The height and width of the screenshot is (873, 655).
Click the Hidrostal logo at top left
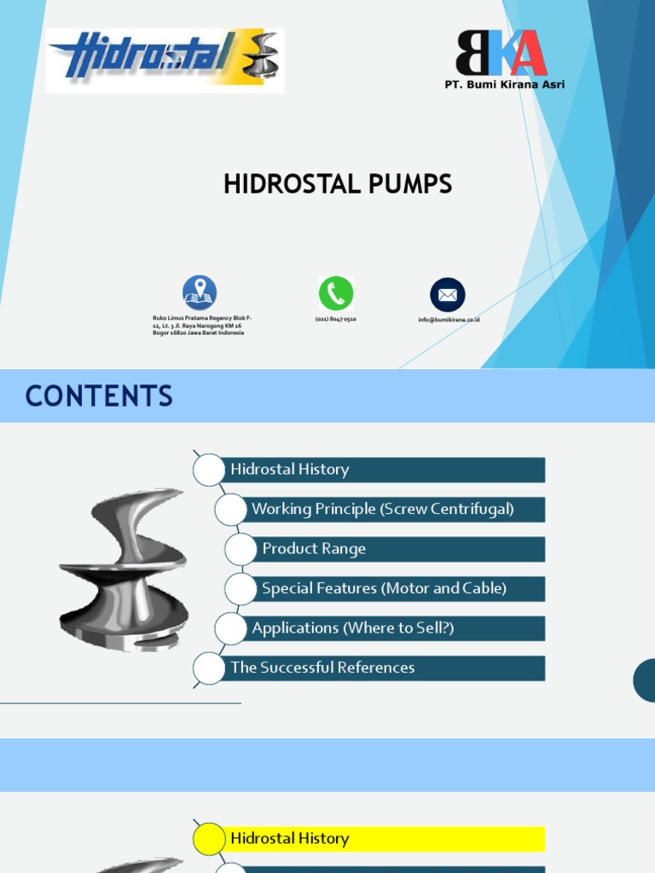(164, 61)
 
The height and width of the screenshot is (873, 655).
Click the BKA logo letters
(501, 53)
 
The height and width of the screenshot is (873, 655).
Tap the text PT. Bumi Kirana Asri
(504, 84)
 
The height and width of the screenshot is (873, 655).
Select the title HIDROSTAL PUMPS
(338, 184)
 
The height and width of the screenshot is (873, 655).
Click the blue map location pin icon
(200, 292)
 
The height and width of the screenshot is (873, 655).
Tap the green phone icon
(336, 293)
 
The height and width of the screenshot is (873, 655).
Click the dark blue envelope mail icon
(448, 295)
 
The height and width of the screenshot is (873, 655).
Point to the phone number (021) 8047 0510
(336, 319)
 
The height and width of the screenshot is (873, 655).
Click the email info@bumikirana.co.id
(449, 320)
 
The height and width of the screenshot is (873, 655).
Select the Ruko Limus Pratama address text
(202, 326)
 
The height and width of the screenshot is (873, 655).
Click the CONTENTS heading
(99, 396)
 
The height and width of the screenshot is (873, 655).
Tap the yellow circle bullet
(209, 840)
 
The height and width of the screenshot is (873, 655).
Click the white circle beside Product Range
(241, 550)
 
